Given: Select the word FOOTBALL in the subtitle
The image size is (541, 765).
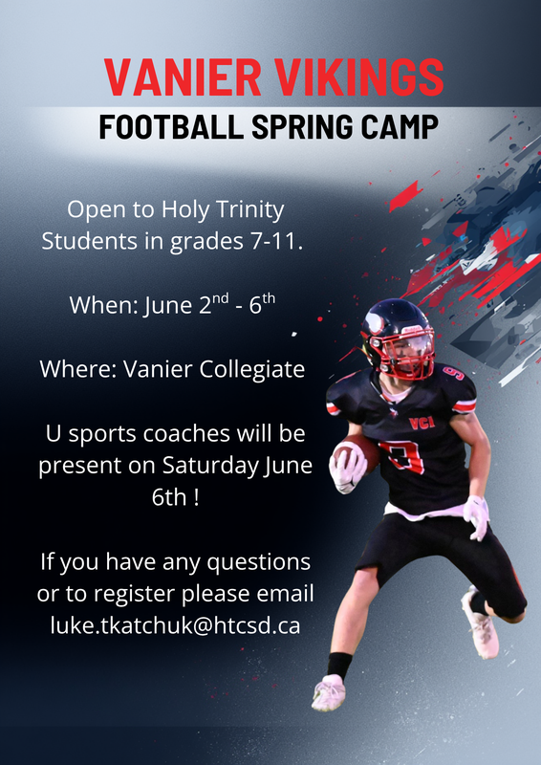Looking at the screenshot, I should pos(171,127).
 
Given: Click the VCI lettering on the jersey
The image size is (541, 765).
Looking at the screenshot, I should pos(419,423).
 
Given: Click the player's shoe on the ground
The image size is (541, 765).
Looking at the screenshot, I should pos(329,691).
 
